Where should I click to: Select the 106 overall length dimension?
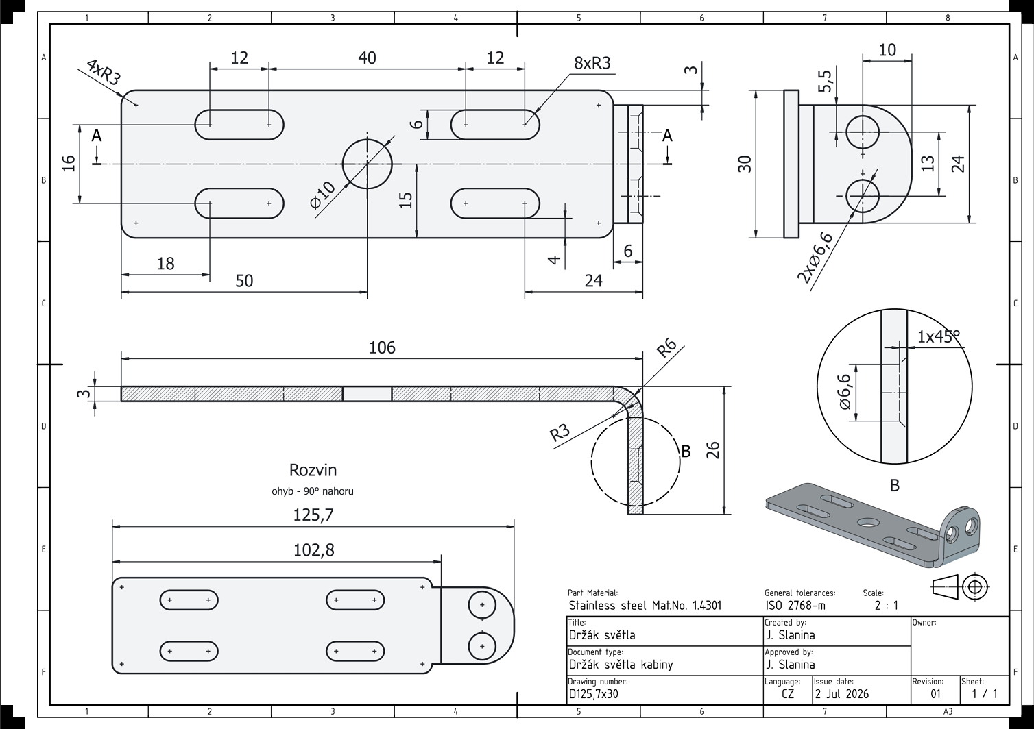(382, 347)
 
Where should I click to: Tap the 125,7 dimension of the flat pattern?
(313, 515)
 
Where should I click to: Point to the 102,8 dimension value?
(314, 550)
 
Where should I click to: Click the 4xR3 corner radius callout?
(104, 73)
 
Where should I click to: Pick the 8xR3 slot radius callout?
(592, 63)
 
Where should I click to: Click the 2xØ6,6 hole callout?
(815, 258)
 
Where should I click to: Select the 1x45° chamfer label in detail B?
(938, 336)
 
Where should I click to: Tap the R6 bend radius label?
(666, 348)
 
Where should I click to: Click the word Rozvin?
(313, 470)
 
